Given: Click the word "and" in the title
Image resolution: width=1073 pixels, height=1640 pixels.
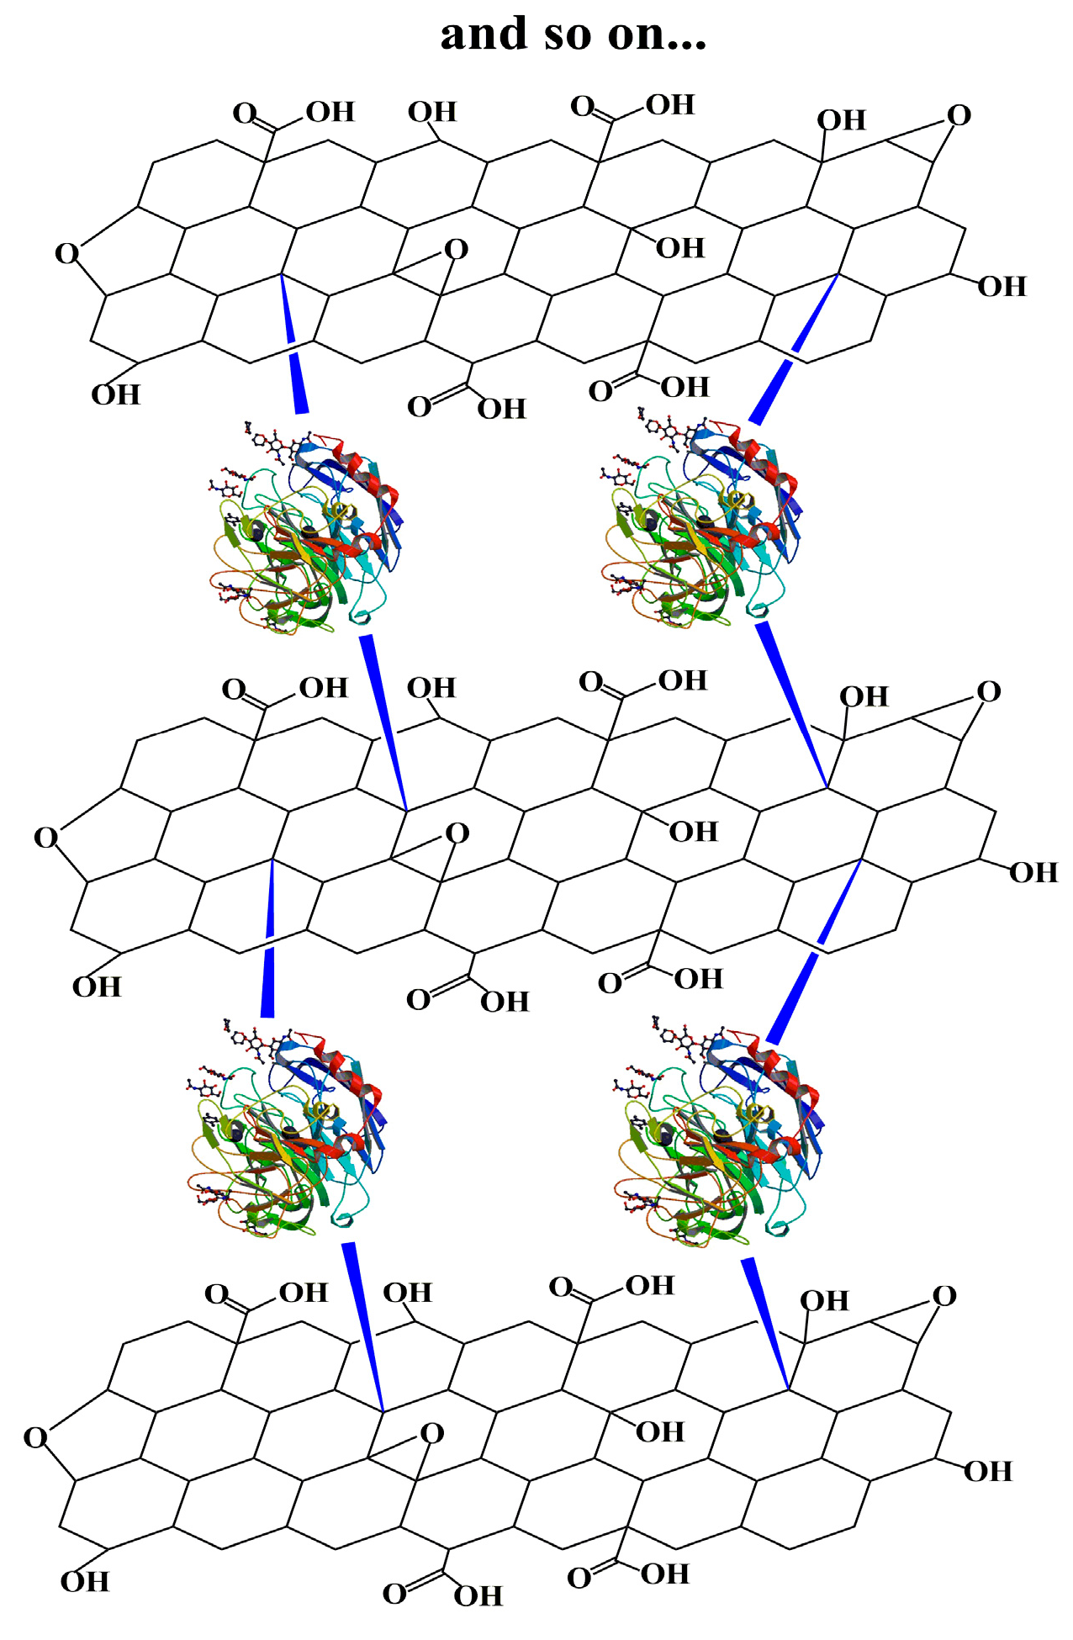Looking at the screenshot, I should [x=483, y=35].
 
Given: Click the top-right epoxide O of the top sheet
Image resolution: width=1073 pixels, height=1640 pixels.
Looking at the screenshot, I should [x=959, y=116].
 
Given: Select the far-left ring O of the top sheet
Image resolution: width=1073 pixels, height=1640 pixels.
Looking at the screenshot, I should [x=66, y=253].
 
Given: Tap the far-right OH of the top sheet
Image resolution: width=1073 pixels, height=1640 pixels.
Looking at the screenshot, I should [x=1002, y=287].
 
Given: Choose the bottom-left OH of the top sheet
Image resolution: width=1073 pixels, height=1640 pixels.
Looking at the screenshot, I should [x=115, y=394].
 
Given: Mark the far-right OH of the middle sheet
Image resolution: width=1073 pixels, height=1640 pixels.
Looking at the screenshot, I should [x=1033, y=873].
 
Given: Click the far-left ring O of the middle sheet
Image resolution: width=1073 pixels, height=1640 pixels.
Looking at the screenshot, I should [x=45, y=838].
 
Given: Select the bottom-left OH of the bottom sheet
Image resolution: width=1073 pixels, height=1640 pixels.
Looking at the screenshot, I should [x=85, y=1582].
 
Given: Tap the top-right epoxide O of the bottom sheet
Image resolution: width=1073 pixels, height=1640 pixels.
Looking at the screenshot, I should [x=944, y=1297].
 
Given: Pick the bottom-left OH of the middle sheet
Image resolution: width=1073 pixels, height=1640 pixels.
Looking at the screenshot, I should [x=97, y=987].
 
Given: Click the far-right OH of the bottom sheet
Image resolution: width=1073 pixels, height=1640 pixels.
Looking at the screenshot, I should [x=987, y=1472].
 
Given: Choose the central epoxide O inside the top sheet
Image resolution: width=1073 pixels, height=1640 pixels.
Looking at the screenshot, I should [x=456, y=250].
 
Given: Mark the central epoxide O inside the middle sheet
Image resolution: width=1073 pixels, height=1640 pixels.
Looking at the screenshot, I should [x=457, y=833].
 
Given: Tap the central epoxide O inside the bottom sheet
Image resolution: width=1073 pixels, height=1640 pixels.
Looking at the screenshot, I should [x=431, y=1433].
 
